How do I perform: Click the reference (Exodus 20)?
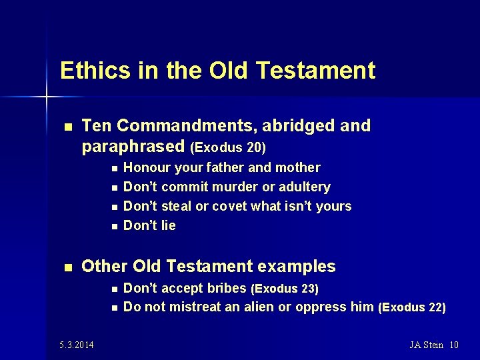(228, 147)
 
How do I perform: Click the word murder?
(242, 187)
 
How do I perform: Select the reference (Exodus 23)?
(285, 289)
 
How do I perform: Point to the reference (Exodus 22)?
(411, 307)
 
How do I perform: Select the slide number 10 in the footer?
(454, 345)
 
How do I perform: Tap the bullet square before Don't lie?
(115, 226)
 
